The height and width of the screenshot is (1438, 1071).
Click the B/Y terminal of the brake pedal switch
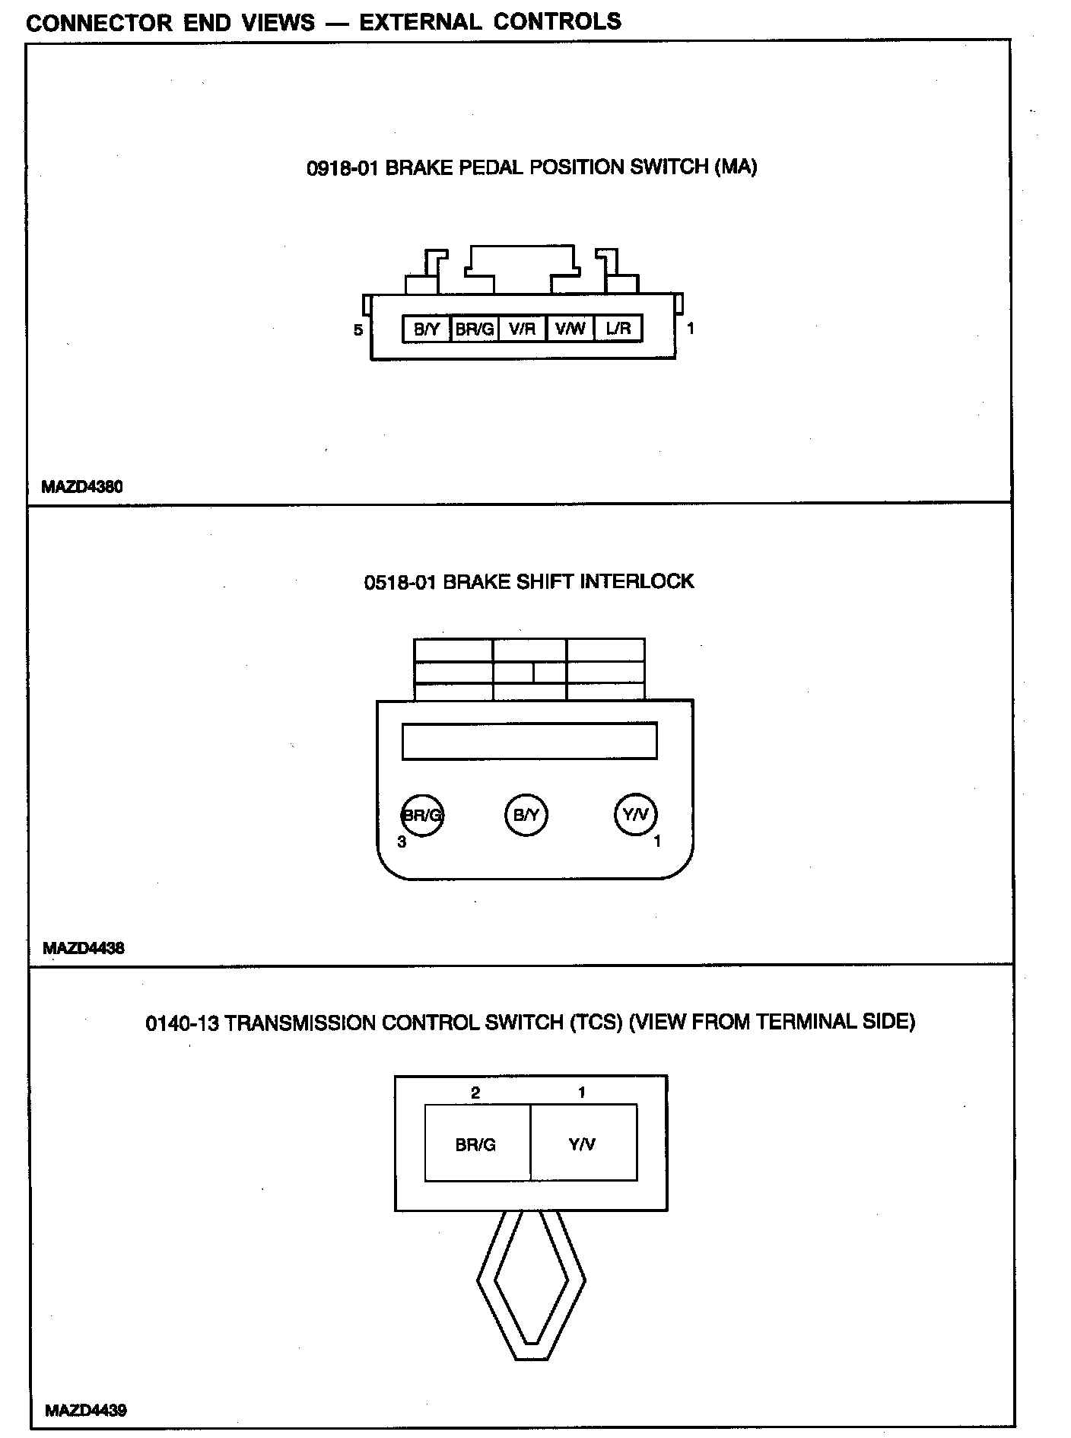point(427,329)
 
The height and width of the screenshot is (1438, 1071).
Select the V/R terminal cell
point(522,329)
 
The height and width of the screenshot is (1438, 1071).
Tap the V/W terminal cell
point(570,329)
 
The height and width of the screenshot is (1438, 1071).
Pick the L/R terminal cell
point(618,329)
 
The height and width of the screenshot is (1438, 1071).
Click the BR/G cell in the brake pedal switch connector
point(474,329)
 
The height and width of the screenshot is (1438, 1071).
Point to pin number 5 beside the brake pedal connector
point(358,330)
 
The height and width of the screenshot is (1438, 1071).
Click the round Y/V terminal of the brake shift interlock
point(635,815)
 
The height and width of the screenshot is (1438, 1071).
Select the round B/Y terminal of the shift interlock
point(526,815)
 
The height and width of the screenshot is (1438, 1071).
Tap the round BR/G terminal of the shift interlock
point(422,816)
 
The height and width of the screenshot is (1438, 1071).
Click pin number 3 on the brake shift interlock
point(402,841)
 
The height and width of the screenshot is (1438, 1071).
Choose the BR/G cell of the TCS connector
point(476,1144)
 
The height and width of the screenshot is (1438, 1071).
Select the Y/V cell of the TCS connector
point(583,1144)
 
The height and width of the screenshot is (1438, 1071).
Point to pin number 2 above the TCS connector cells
point(475,1093)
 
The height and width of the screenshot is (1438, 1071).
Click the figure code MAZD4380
point(82,486)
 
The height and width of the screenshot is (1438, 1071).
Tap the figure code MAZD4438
point(84,948)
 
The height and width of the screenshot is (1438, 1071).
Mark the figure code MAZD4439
point(86,1410)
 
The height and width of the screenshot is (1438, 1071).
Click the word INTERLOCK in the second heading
point(637,582)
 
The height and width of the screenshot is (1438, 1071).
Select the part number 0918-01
point(342,167)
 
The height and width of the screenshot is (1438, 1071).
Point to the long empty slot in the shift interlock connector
point(529,741)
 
